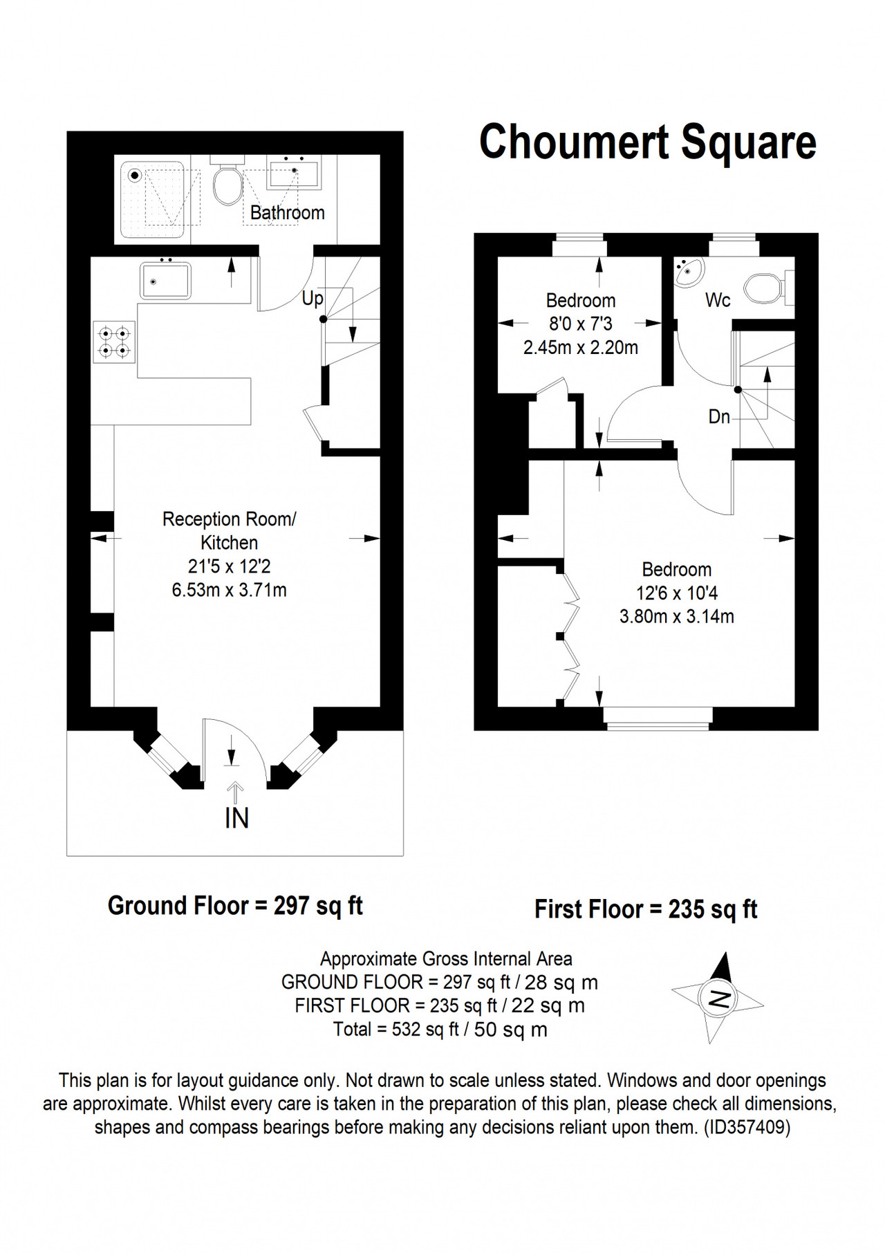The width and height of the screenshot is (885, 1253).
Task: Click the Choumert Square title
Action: tap(648, 142)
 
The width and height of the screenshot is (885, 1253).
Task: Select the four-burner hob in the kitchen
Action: tap(114, 342)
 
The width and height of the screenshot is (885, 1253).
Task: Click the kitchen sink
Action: tap(166, 279)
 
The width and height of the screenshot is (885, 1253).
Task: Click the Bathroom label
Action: tap(288, 212)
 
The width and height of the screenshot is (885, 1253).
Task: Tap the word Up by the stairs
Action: tap(313, 299)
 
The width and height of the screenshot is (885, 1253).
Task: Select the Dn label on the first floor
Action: tap(719, 416)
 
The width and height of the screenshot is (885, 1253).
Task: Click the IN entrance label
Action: tap(236, 818)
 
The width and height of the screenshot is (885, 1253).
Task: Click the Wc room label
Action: tap(718, 300)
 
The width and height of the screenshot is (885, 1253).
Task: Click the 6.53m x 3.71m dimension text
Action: tap(229, 590)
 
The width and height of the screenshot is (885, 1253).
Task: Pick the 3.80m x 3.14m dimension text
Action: tap(676, 615)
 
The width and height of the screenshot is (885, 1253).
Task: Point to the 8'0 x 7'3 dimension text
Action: tap(581, 324)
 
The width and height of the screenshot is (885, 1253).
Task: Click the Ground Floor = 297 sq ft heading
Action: tap(235, 905)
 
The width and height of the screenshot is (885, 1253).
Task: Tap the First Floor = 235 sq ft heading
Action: tap(646, 909)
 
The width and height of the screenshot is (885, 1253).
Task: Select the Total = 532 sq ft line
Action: tap(440, 1030)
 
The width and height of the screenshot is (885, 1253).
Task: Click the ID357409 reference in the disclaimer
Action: tap(747, 1127)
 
